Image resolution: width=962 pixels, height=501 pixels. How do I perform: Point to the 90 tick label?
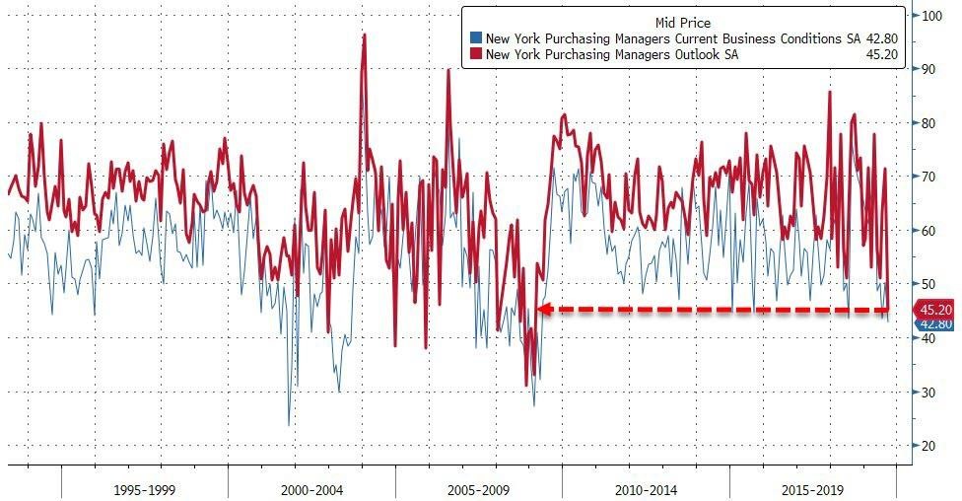tap(928, 69)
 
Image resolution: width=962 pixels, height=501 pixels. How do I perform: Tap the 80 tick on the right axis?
tap(928, 123)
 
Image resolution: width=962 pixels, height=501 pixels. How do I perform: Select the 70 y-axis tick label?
tap(928, 177)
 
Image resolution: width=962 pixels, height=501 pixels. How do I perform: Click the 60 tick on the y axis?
tap(928, 231)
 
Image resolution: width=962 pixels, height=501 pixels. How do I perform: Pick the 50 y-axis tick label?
tap(928, 284)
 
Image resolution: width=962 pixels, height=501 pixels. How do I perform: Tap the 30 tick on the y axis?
tap(928, 392)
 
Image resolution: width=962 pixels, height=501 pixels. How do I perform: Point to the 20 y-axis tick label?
tap(928, 446)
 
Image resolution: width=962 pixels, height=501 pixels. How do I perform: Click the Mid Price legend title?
tap(683, 22)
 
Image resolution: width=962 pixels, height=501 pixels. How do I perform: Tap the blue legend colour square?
tap(477, 38)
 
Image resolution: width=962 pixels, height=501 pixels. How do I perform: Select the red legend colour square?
tap(477, 54)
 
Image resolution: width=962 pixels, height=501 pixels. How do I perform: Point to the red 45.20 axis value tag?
tap(934, 309)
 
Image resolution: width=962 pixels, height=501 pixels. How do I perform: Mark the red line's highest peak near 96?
tap(365, 36)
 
